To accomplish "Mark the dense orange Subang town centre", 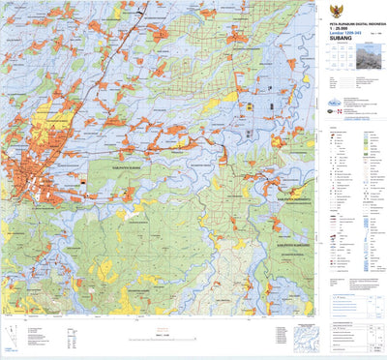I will point(34,174).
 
